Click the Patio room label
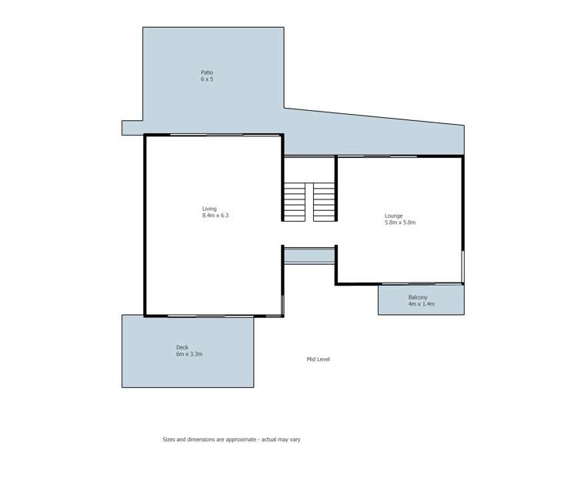pos(207,72)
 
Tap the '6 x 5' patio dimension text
pos(207,79)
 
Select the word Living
pos(209,209)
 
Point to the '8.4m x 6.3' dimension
pos(215,216)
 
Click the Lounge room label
pos(393,216)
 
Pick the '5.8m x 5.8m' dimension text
pos(400,223)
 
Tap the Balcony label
pos(418,297)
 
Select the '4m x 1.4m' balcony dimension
pos(421,304)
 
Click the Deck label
pos(182,347)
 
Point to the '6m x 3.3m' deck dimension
pos(189,354)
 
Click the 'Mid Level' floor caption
pos(318,359)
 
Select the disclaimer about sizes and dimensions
pos(242,440)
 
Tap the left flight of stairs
pos(295,202)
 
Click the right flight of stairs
pos(324,202)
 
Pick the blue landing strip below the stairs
pos(309,256)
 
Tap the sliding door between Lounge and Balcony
pos(422,284)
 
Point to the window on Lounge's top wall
pos(377,156)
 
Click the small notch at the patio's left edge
pos(132,128)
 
